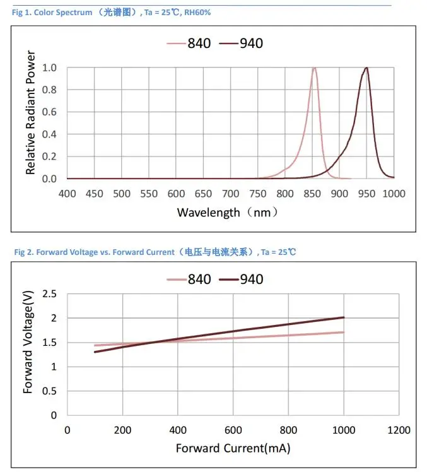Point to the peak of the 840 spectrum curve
(x=314, y=68)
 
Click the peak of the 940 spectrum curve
(x=366, y=68)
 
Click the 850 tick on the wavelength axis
(x=313, y=192)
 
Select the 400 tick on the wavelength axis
(x=67, y=192)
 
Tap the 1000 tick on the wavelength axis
(x=394, y=192)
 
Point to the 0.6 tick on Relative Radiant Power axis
(x=49, y=112)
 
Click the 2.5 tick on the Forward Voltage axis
(x=49, y=294)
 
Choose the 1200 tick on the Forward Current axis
(x=398, y=430)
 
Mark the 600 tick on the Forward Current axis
(x=233, y=430)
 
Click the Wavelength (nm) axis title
(x=227, y=213)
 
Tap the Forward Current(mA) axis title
(x=233, y=449)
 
